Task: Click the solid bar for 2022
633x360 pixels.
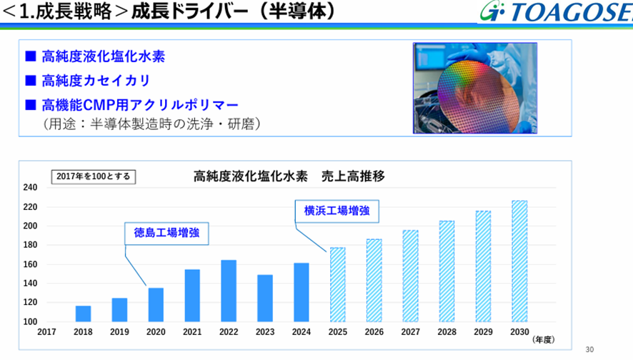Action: click(x=229, y=291)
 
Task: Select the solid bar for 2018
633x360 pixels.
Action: click(x=83, y=314)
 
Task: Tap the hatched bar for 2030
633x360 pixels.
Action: click(x=519, y=261)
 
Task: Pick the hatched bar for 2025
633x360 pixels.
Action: click(x=337, y=284)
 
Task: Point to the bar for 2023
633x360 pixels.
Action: click(x=265, y=299)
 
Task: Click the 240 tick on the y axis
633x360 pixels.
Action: click(x=30, y=187)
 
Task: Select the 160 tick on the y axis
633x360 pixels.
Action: click(x=30, y=264)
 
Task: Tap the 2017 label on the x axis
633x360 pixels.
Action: click(x=46, y=331)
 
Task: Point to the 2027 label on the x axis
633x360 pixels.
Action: click(x=411, y=331)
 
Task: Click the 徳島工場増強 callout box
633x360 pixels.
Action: click(x=166, y=234)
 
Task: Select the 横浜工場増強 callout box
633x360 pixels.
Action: click(x=337, y=211)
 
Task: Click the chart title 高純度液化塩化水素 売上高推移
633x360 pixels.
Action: click(x=289, y=176)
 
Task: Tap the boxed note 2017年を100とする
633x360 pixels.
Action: click(x=94, y=176)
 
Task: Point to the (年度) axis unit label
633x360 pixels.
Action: click(x=544, y=340)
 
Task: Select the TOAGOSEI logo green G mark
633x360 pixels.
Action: click(x=492, y=11)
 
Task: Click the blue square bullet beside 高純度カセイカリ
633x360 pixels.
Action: click(x=31, y=80)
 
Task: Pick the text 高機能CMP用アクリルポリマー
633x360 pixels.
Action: click(x=140, y=105)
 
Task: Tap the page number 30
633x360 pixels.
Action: click(x=589, y=349)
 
